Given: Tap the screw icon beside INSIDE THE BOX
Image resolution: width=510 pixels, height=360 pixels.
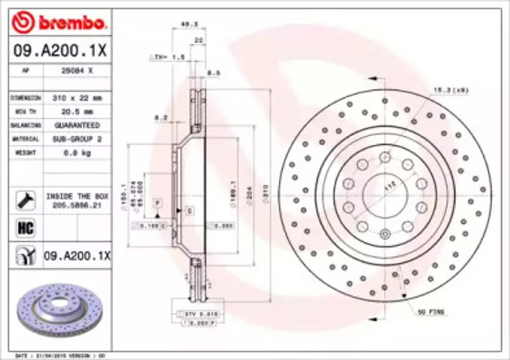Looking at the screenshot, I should click(24, 199).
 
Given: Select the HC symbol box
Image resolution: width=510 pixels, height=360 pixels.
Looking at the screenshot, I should click(23, 229).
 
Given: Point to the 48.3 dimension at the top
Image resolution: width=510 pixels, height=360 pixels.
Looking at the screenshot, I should click(189, 25).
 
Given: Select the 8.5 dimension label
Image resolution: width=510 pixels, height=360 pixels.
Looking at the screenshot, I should click(214, 73).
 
